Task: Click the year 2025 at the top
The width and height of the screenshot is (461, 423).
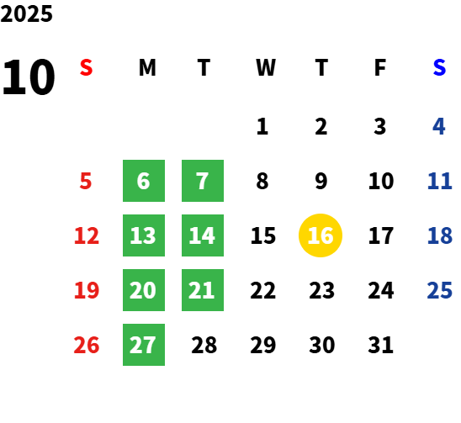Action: (x=26, y=13)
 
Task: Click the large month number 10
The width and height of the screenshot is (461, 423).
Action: (x=29, y=77)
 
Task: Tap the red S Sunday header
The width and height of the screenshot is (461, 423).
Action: (x=86, y=67)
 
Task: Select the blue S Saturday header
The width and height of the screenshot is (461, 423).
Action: (x=439, y=67)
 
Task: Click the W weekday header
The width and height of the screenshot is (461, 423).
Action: (x=266, y=67)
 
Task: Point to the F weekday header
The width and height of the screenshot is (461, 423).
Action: (x=380, y=67)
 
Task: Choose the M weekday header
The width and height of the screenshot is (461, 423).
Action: (x=147, y=67)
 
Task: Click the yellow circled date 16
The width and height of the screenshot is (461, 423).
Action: (x=321, y=235)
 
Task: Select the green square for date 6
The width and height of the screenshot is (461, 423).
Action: (x=144, y=181)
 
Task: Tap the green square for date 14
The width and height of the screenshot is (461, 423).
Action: (x=203, y=235)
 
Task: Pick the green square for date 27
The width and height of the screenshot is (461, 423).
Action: (x=144, y=345)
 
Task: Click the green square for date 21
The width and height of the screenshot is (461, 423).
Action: (x=203, y=290)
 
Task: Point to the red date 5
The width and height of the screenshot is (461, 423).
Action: (x=86, y=181)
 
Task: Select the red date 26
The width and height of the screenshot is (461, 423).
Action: (x=87, y=345)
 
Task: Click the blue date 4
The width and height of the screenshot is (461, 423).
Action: (x=439, y=126)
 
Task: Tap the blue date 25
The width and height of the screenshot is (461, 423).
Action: (x=439, y=290)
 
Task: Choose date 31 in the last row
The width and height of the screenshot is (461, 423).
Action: (x=380, y=345)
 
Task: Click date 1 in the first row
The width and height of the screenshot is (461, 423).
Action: (x=262, y=126)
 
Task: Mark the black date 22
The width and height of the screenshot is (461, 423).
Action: (x=262, y=290)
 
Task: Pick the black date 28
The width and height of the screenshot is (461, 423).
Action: (x=204, y=345)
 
